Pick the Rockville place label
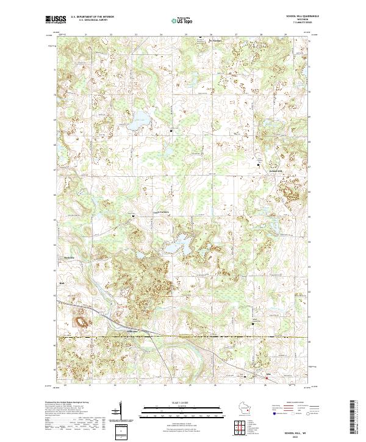pos(68,258)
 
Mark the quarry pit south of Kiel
pos(80,318)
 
